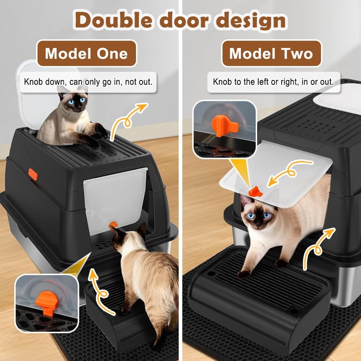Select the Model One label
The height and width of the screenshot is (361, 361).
[86, 54]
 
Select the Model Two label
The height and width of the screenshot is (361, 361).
[271, 54]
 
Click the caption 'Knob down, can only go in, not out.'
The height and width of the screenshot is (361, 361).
[88, 82]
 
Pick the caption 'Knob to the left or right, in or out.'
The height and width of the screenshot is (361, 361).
[273, 82]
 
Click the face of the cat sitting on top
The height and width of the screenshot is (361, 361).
[74, 102]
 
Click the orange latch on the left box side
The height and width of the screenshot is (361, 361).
[33, 174]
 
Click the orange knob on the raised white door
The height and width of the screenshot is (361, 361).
[255, 191]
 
